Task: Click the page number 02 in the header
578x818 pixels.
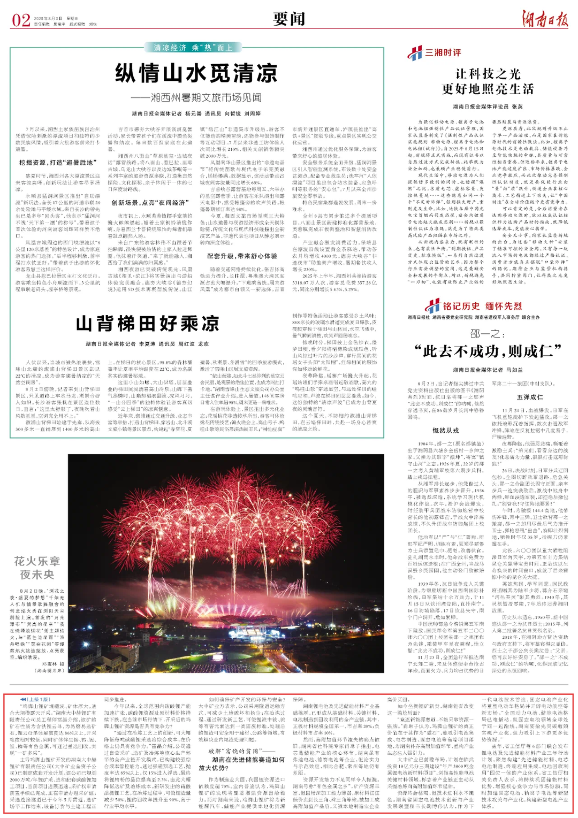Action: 21,20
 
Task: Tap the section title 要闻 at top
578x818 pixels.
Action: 289,19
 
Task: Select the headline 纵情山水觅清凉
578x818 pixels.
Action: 196,73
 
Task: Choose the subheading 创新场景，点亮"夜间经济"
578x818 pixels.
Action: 148,203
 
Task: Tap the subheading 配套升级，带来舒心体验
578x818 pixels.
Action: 242,256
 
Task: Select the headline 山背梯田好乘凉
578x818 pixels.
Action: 147,324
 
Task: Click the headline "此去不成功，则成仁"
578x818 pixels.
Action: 488,351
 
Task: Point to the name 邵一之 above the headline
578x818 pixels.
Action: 487,334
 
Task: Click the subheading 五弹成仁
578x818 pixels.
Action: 529,397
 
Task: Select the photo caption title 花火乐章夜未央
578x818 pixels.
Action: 37,568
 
